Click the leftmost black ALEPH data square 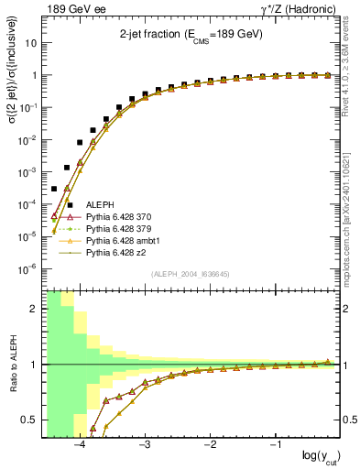[x=54, y=189]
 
